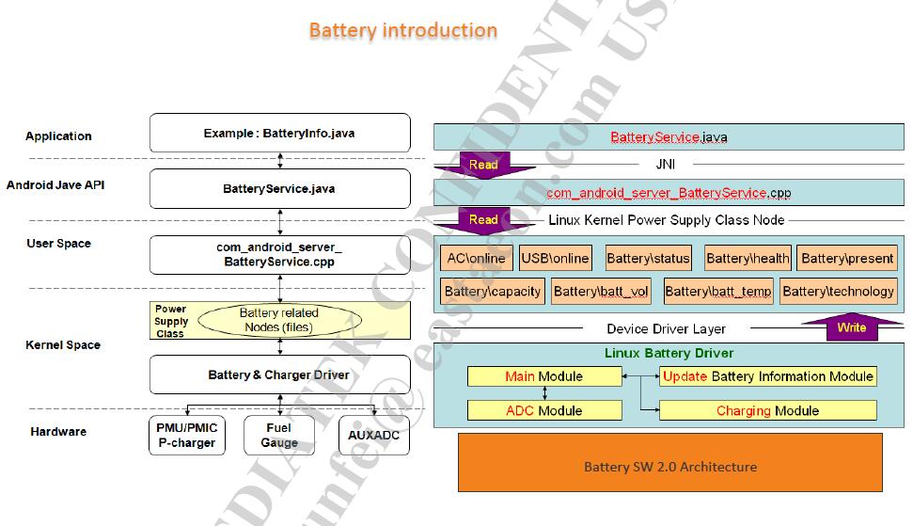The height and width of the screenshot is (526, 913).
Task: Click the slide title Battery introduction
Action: tap(402, 30)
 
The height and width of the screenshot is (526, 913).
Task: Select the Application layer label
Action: tap(58, 135)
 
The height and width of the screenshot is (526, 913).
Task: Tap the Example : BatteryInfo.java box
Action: tap(280, 134)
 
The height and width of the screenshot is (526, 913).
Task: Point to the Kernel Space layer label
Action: tap(63, 345)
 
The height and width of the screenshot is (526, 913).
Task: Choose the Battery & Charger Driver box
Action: tap(280, 375)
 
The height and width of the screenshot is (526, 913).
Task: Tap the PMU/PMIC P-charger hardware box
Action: tap(186, 435)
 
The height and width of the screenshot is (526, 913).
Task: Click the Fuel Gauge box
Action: tap(279, 435)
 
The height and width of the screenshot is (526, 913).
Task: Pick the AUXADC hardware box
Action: tap(374, 435)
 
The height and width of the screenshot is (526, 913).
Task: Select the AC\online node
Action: tap(476, 258)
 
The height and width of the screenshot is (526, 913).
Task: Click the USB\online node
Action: tap(555, 258)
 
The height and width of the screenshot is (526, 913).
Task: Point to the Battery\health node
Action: tap(748, 258)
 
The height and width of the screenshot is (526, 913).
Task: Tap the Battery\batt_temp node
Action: tap(718, 291)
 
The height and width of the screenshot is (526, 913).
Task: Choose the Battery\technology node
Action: tap(838, 291)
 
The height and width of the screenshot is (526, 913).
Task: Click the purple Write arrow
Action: tap(851, 327)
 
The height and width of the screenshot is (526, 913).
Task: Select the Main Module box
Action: tap(544, 376)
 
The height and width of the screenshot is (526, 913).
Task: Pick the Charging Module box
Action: tap(767, 410)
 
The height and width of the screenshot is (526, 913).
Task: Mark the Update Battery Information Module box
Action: tap(767, 376)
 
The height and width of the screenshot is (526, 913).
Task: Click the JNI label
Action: tap(666, 164)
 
